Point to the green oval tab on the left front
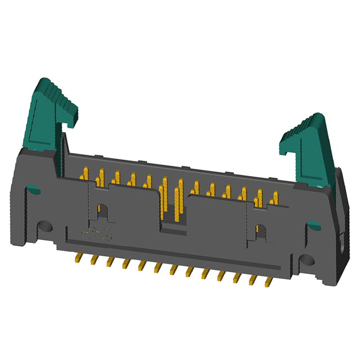[33, 190]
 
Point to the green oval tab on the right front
[313, 227]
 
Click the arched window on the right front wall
[260, 231]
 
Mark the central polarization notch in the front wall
[172, 225]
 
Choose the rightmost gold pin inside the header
[275, 199]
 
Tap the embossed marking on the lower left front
[96, 235]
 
